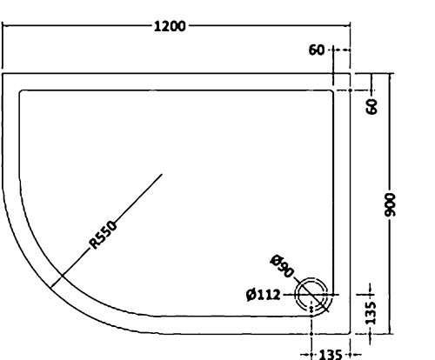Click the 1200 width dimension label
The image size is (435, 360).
[170, 26]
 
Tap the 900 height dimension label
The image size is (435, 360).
[391, 204]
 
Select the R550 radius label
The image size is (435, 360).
[104, 235]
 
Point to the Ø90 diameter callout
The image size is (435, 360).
[282, 266]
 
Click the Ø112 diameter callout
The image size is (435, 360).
[264, 295]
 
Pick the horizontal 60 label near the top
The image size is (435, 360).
[317, 50]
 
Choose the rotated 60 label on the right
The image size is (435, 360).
[372, 106]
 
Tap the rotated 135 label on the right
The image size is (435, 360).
[371, 313]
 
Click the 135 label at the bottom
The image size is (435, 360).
[331, 355]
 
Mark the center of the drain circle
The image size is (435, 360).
[311, 295]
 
